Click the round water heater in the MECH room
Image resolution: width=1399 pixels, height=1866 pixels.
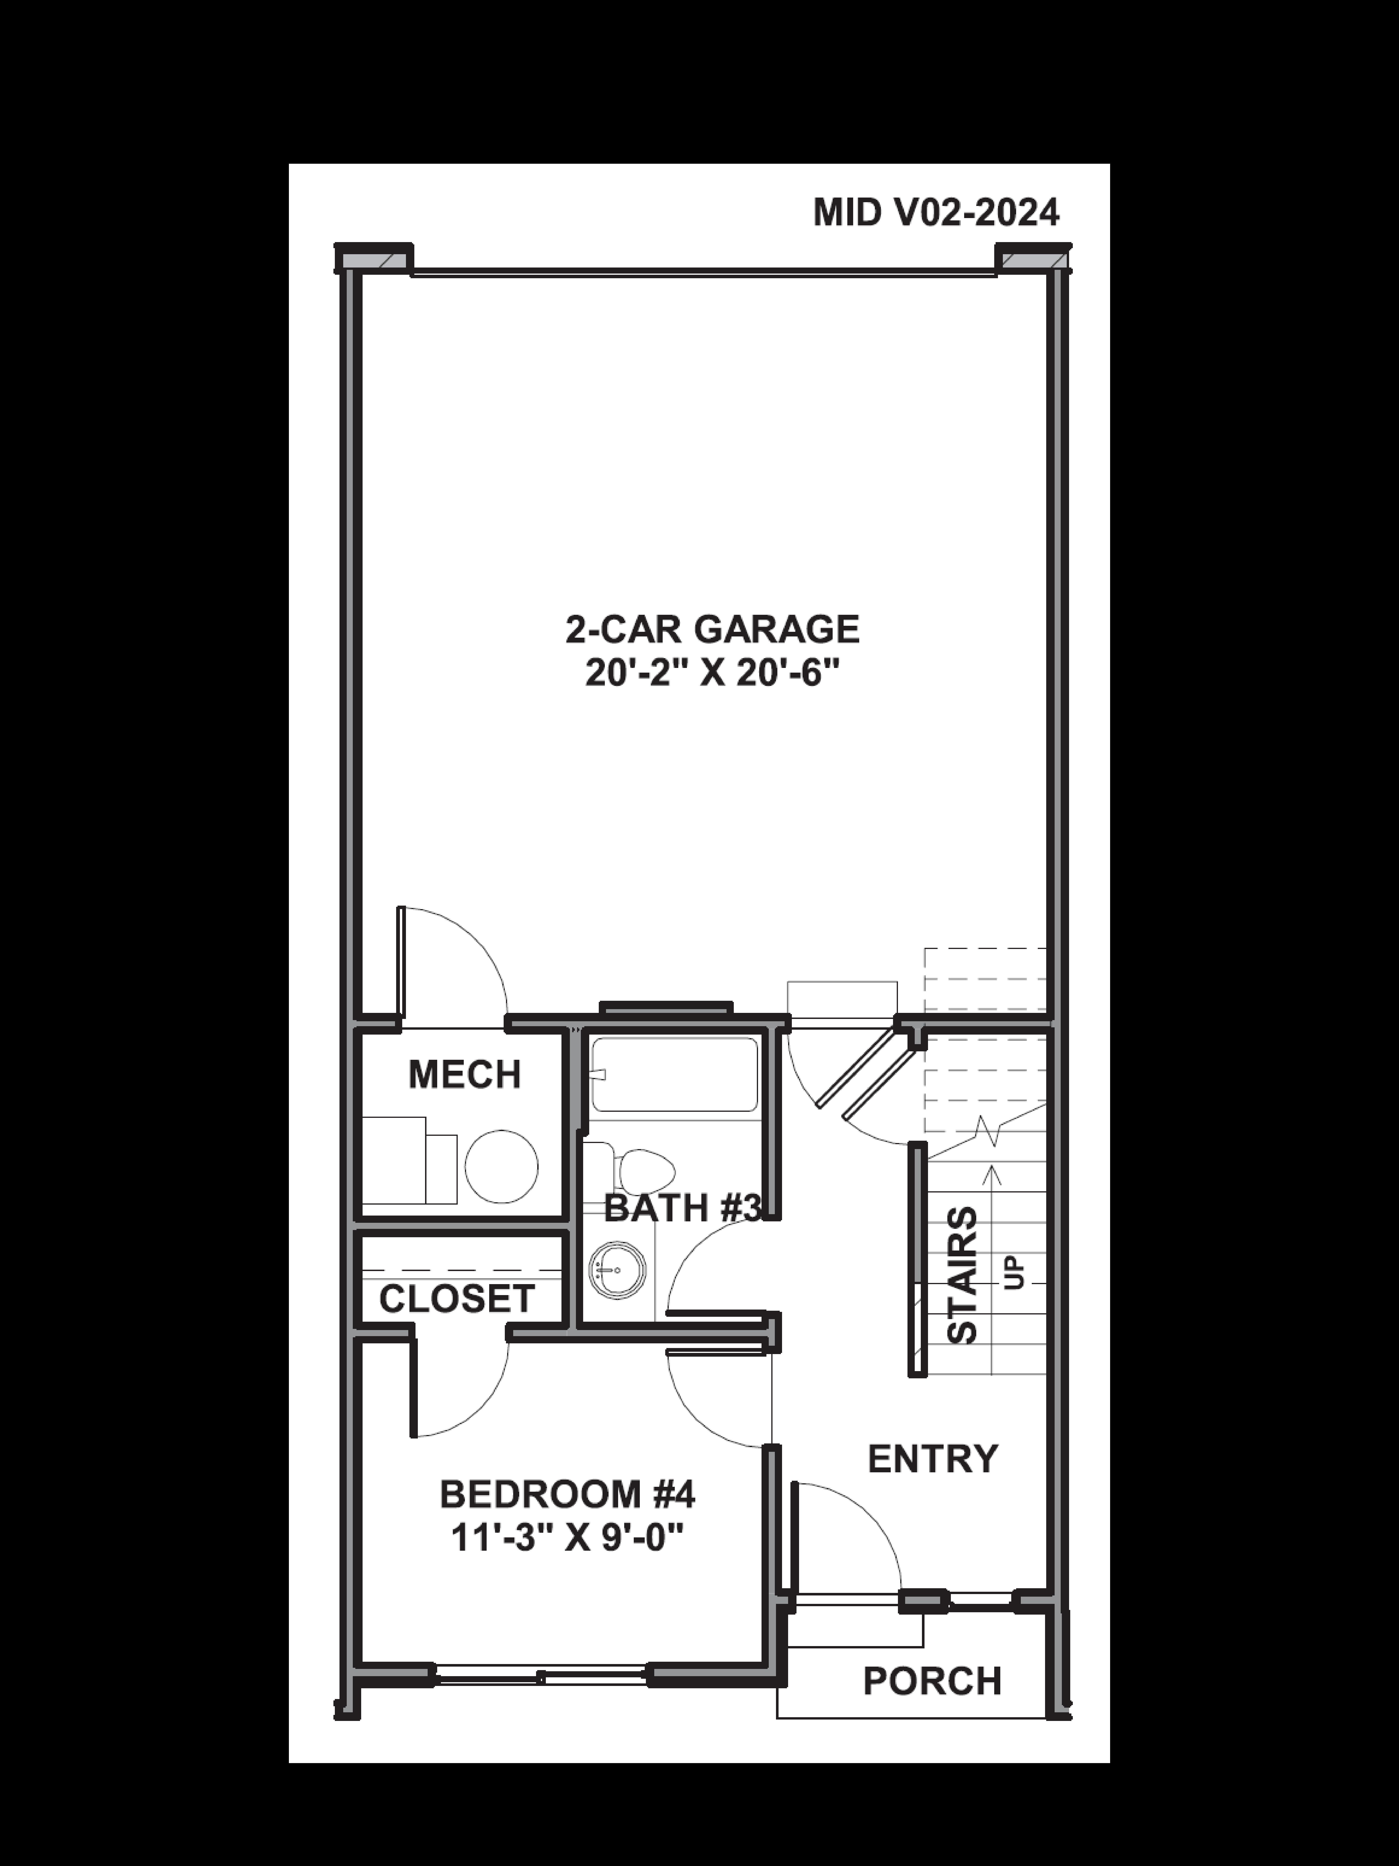tap(502, 1167)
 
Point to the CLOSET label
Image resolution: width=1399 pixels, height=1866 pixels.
tap(456, 1299)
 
